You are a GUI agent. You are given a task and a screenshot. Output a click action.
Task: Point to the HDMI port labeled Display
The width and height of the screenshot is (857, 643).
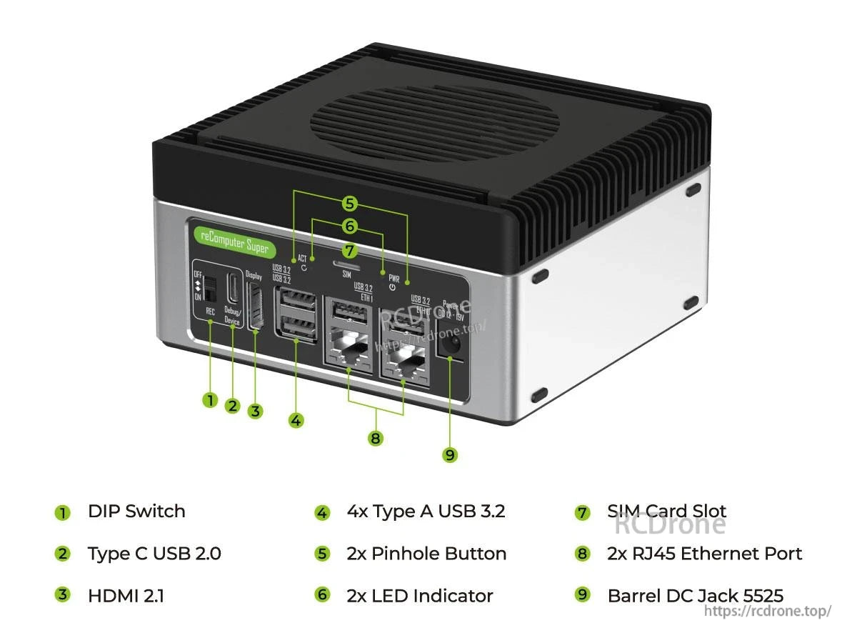click(254, 306)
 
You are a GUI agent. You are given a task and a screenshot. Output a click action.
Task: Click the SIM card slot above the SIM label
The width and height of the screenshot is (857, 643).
click(346, 263)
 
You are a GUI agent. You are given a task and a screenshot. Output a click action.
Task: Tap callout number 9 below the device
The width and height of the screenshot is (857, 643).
click(449, 454)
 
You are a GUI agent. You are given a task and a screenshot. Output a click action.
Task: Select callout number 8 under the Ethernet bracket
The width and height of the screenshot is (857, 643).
click(376, 438)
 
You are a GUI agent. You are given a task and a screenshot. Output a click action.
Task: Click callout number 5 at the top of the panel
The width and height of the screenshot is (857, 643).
click(349, 204)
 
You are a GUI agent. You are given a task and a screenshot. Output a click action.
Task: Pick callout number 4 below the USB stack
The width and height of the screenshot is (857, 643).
click(296, 420)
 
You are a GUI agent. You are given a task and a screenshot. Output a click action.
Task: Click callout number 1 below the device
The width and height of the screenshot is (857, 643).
click(209, 400)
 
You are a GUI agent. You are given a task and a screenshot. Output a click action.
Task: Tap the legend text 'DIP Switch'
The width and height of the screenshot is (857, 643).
click(136, 512)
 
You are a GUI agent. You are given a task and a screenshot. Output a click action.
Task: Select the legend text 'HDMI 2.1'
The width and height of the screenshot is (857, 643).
click(126, 596)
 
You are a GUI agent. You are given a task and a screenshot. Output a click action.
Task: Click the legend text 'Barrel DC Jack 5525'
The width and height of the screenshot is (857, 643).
click(695, 596)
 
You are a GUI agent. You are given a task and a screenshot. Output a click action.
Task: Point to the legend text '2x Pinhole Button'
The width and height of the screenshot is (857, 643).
click(426, 554)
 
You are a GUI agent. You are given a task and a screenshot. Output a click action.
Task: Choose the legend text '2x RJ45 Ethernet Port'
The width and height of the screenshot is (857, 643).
click(704, 554)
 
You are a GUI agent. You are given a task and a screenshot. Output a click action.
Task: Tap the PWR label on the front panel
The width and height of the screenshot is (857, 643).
click(394, 278)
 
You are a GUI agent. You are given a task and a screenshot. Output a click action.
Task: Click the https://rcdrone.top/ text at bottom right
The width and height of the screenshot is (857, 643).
click(768, 611)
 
